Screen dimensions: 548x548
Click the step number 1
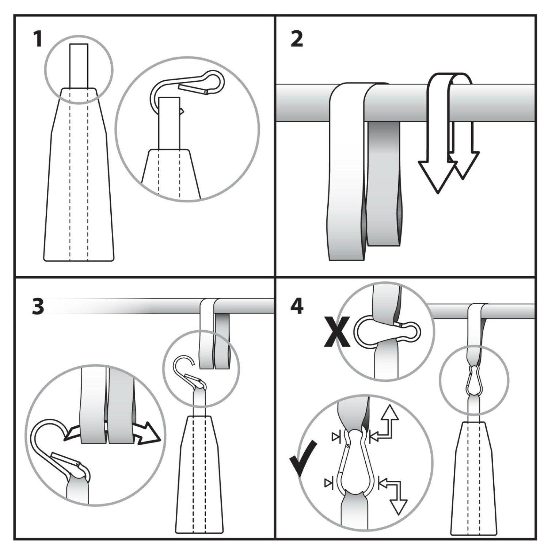[x=38, y=39]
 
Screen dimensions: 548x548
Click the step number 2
[x=297, y=39]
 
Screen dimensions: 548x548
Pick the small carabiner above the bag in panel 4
[x=474, y=380]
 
